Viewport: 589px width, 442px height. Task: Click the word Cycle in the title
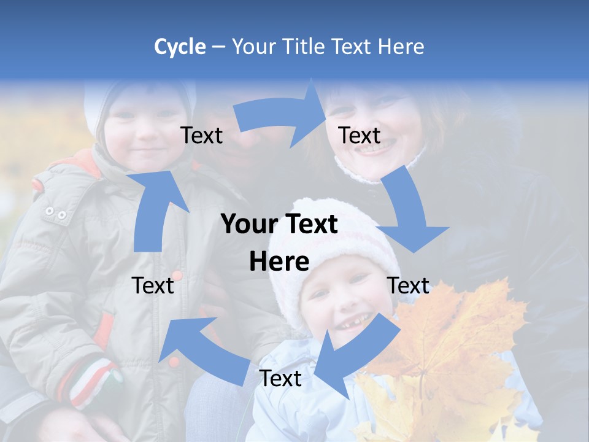click(179, 47)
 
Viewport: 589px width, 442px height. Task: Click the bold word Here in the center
click(279, 262)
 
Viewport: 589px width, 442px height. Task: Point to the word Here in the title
click(401, 47)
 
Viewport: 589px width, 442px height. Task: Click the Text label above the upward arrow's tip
click(202, 135)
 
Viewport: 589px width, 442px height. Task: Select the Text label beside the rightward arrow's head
click(360, 135)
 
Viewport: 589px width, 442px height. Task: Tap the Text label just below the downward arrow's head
click(409, 285)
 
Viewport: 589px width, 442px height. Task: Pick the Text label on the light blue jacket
click(280, 378)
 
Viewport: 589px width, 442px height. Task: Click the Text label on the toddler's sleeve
click(153, 285)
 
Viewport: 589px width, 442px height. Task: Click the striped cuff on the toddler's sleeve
click(92, 381)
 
